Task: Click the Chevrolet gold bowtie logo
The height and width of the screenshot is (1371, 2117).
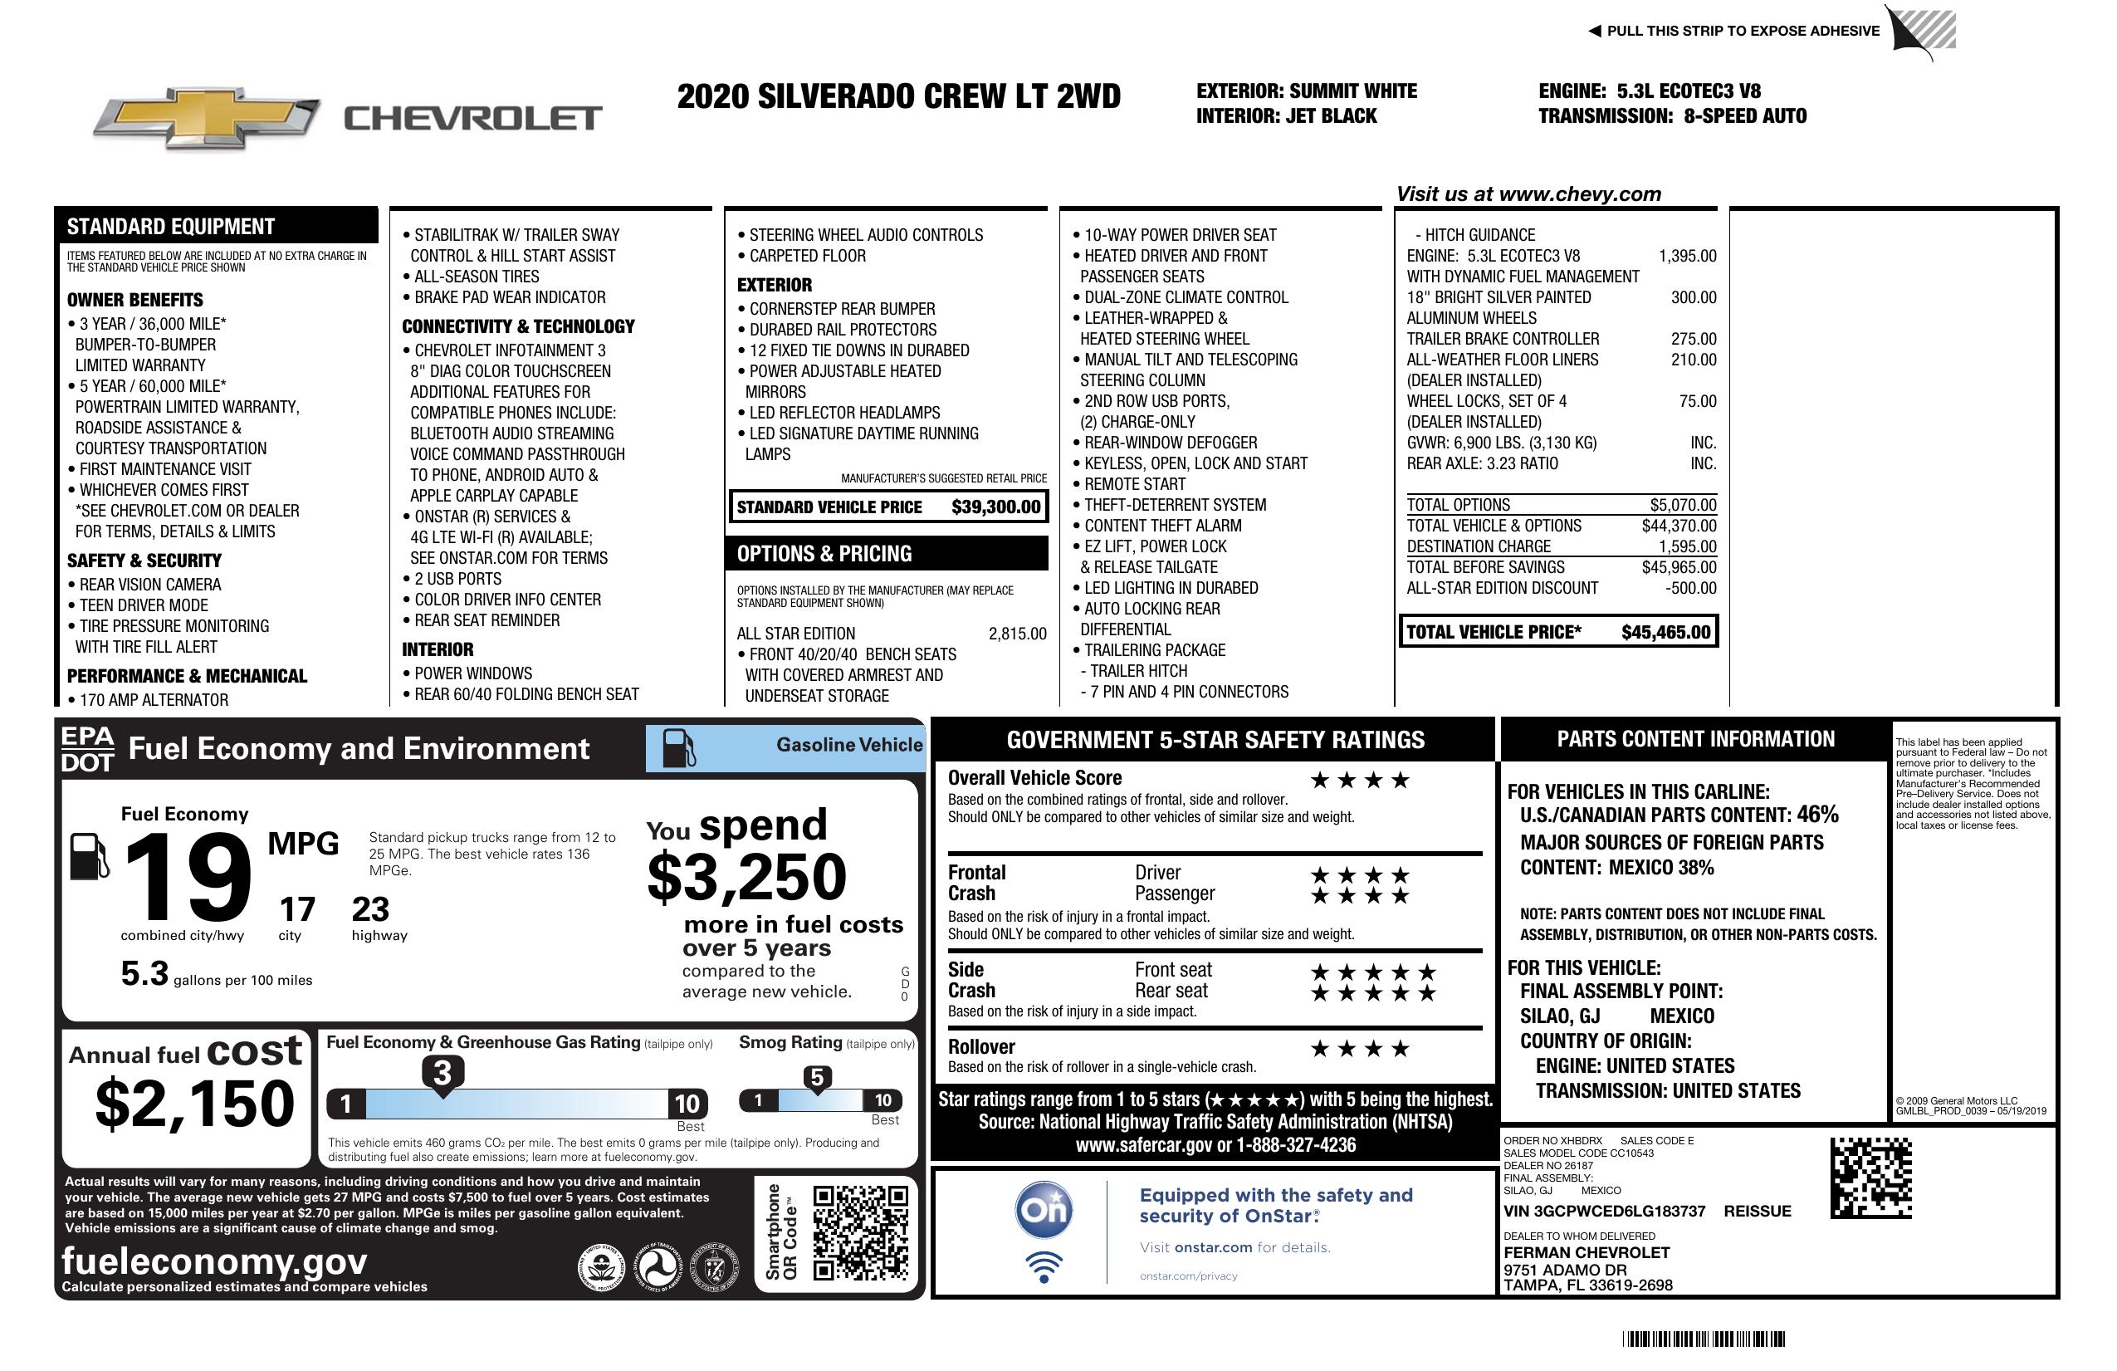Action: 206,118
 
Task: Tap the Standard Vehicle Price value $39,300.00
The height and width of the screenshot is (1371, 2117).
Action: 995,507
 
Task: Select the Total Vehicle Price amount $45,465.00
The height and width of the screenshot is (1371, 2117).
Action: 1665,633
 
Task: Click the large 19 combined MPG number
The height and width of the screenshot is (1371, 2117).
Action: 188,877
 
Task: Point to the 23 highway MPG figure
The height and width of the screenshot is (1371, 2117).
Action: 370,909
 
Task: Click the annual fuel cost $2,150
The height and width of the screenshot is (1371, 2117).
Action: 195,1104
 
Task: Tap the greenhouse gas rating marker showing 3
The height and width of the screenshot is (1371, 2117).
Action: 442,1073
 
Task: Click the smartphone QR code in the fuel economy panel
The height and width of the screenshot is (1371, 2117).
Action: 860,1232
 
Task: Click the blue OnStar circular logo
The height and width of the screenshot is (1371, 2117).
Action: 1044,1210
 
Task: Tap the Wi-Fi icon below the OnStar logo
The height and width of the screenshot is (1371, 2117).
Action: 1044,1266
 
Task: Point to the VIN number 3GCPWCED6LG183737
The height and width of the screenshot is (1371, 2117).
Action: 1604,1211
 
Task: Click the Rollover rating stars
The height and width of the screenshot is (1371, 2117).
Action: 1360,1049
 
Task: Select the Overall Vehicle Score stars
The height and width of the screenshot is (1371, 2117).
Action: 1360,781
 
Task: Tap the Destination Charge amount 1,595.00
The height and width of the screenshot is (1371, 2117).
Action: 1687,546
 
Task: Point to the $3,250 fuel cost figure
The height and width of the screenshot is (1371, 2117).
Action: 746,877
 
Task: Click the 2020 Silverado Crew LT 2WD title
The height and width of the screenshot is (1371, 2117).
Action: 898,96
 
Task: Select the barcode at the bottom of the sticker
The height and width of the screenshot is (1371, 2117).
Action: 1704,1339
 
